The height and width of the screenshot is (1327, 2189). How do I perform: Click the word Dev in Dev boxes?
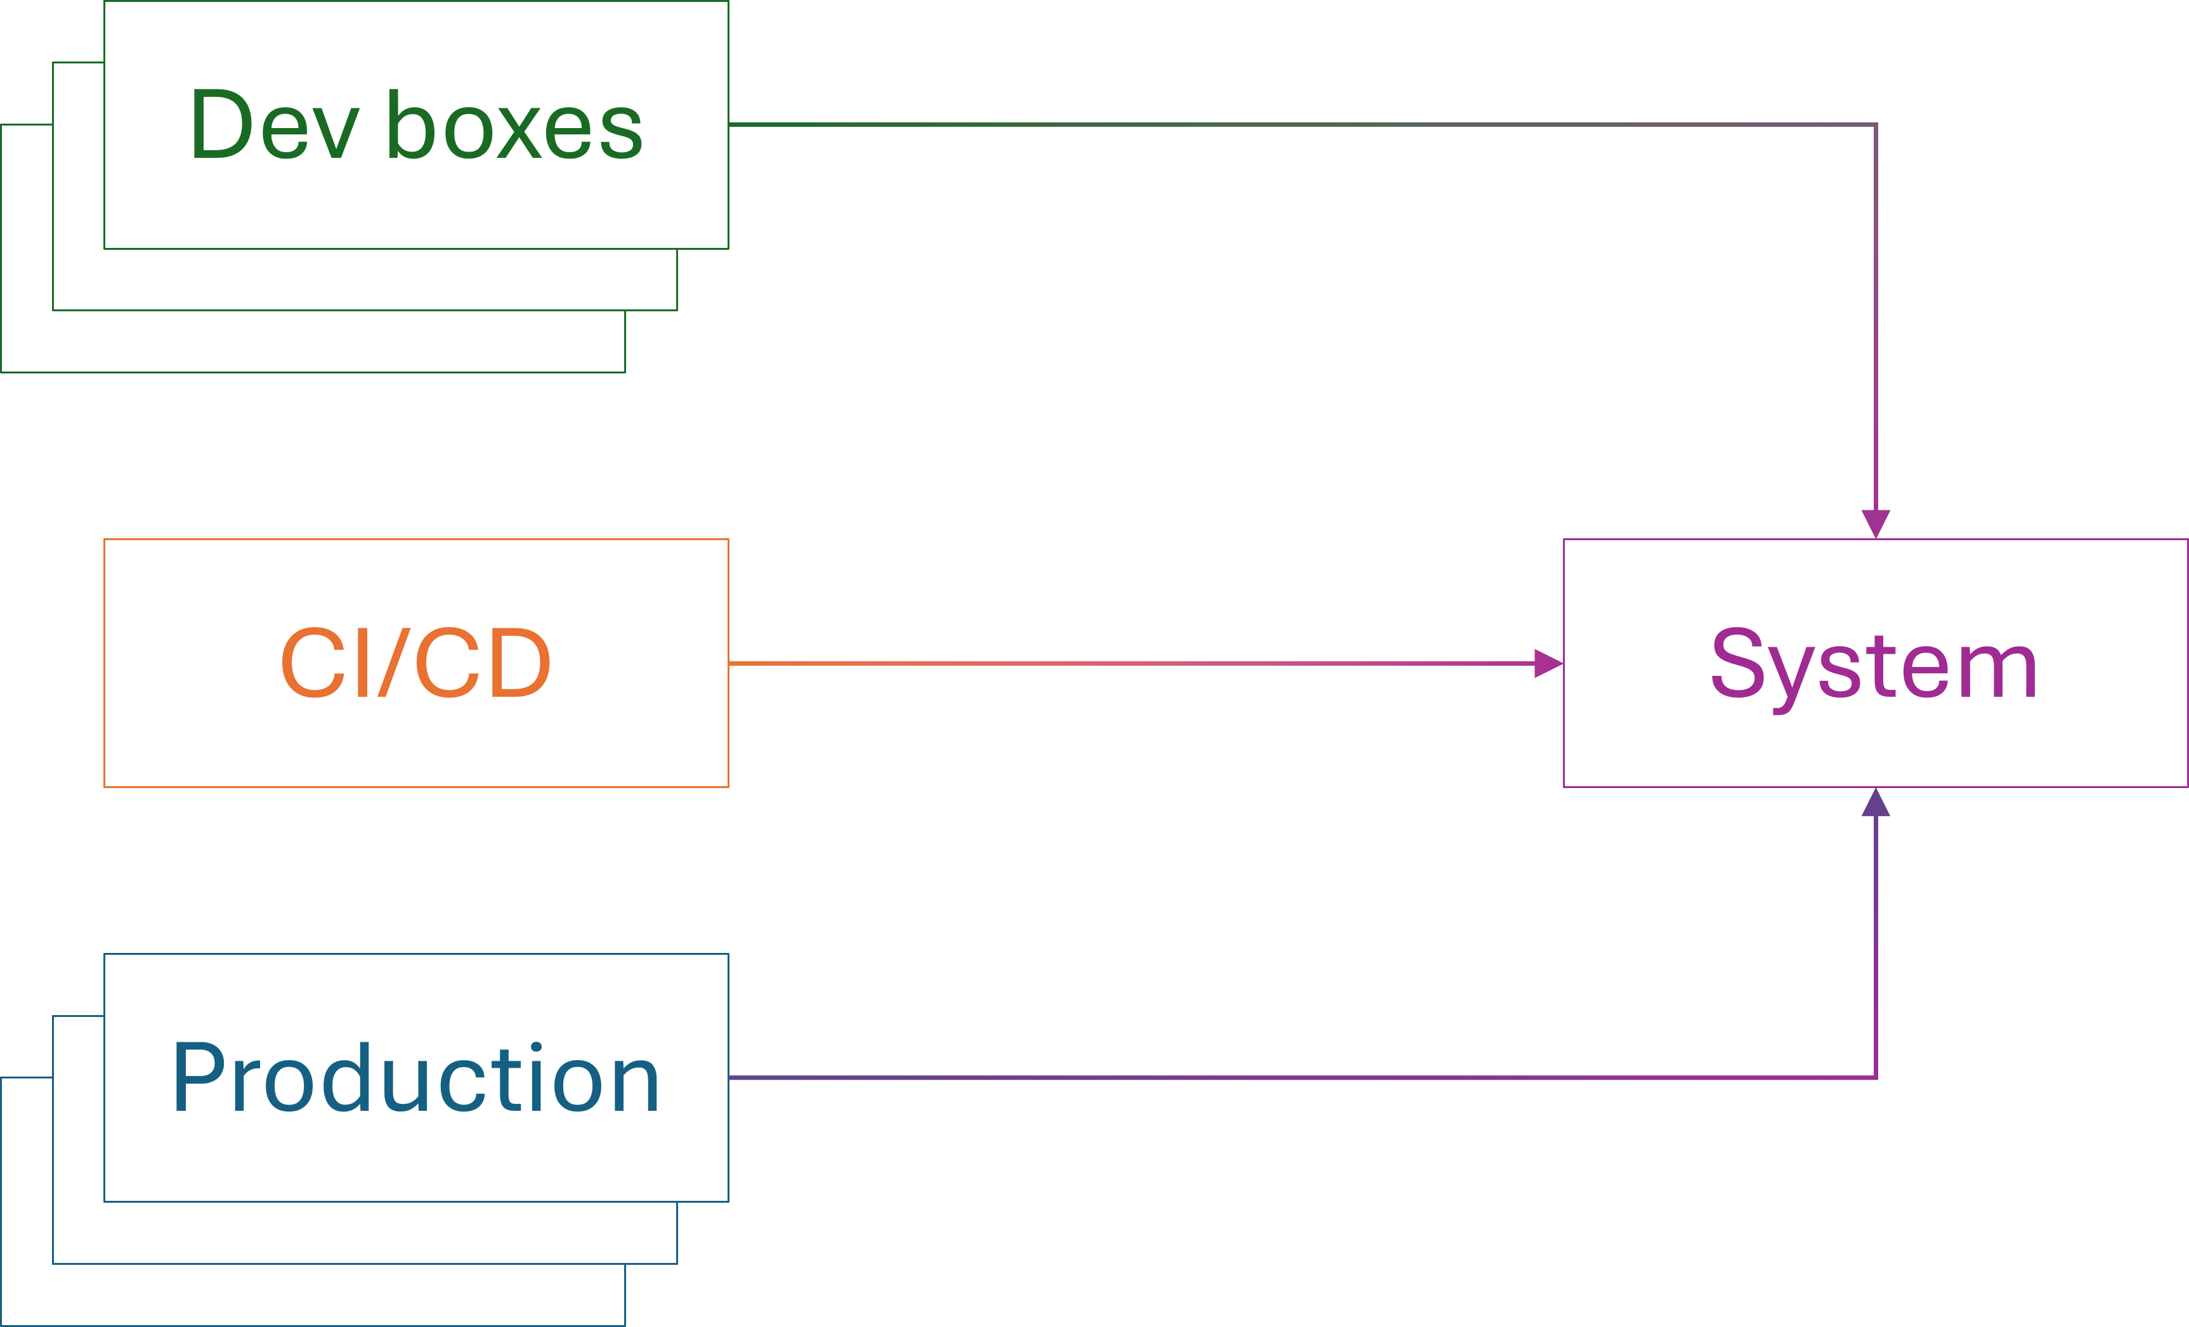click(273, 126)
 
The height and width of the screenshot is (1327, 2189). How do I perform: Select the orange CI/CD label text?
click(415, 663)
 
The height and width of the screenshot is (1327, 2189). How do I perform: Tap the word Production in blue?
click(415, 1078)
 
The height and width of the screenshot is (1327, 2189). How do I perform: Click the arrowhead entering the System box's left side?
click(1548, 663)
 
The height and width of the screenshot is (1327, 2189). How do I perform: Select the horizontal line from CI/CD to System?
click(1128, 663)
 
